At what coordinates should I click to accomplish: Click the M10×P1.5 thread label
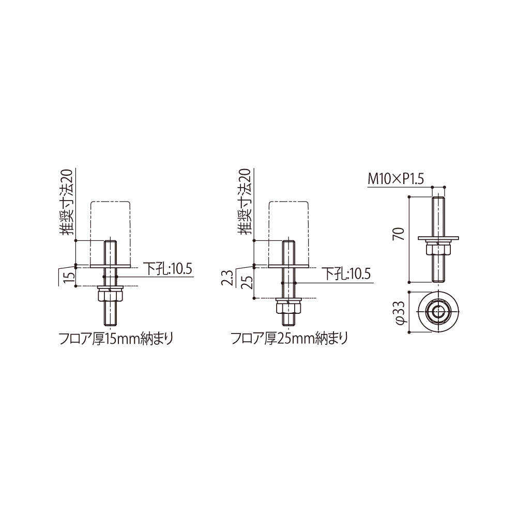pos(396,180)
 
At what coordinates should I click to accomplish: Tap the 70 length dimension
pos(399,235)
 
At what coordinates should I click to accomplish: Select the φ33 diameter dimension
pos(401,311)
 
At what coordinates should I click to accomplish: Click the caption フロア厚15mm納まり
pos(116,339)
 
